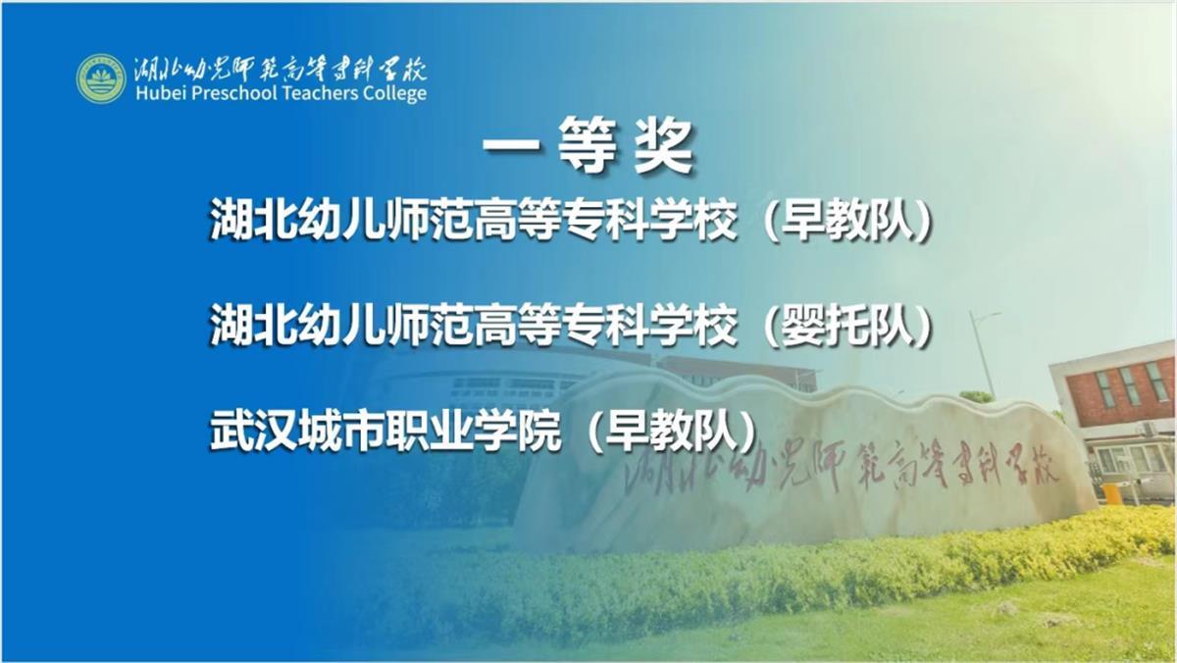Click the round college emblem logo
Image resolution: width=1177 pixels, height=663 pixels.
(x=101, y=78)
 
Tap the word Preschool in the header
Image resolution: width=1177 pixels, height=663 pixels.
(x=232, y=93)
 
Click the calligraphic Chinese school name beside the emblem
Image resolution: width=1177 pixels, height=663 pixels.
(x=281, y=69)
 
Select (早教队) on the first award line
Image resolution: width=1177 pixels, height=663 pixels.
(x=847, y=221)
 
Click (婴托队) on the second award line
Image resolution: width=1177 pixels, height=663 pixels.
(x=847, y=326)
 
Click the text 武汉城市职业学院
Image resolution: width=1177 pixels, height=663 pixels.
(x=385, y=432)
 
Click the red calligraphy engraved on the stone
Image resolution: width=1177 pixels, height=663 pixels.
(x=841, y=465)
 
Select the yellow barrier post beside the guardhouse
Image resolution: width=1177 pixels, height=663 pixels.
(x=1111, y=494)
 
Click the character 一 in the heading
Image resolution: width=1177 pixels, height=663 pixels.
(x=511, y=145)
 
